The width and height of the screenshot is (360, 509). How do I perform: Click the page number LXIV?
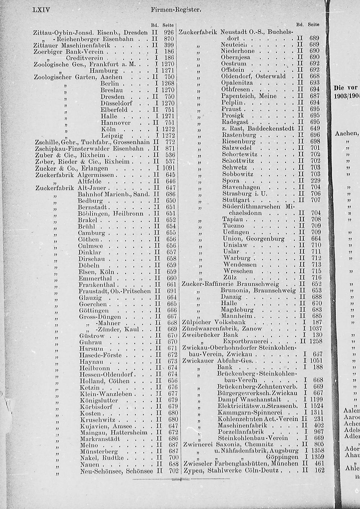pos(41,9)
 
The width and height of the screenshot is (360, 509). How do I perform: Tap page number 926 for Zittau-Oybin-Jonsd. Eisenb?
pos(168,32)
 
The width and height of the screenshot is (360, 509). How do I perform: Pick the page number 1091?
pos(168,168)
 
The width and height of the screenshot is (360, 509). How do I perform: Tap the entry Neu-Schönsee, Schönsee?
pos(116,471)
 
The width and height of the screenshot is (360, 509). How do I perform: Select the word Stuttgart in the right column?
pos(236,200)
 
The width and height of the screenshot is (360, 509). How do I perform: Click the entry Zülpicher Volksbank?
pos(214,322)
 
